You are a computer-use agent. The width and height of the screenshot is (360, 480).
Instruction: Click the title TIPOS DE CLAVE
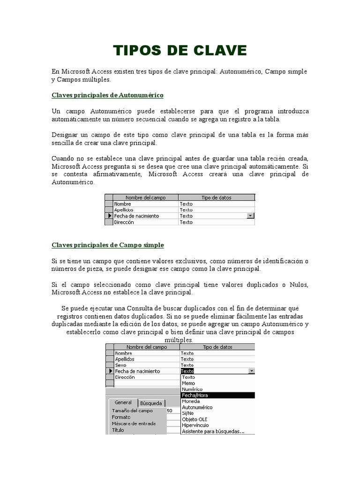tap(180, 51)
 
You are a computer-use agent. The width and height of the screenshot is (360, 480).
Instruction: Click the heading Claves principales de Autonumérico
tap(107, 95)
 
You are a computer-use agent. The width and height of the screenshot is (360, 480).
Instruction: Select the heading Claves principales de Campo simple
tap(107, 245)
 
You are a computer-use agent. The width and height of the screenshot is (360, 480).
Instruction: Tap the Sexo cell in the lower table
tap(121, 365)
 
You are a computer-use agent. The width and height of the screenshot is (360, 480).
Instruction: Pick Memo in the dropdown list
tap(188, 383)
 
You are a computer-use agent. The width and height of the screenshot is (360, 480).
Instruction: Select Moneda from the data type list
tap(191, 401)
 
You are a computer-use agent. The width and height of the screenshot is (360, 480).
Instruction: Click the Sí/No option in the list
tap(187, 413)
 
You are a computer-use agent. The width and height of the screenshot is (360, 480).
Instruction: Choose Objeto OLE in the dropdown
tap(194, 419)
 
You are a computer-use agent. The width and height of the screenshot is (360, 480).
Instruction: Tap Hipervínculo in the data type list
tap(195, 425)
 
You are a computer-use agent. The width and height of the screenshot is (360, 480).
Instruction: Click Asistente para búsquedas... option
tap(213, 431)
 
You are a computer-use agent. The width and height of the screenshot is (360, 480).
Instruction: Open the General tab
tap(123, 403)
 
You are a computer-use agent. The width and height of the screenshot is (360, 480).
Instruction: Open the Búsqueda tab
tap(151, 403)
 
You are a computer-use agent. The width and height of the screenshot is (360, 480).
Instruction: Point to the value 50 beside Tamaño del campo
tap(170, 411)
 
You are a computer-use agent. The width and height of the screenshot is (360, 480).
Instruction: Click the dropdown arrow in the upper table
tap(250, 216)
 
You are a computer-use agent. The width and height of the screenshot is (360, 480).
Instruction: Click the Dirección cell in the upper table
tap(124, 222)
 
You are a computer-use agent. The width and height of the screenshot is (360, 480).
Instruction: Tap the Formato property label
tap(121, 417)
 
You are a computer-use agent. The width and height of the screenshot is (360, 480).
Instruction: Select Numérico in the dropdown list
tap(192, 389)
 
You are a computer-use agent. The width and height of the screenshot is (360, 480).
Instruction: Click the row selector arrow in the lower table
tap(110, 371)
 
